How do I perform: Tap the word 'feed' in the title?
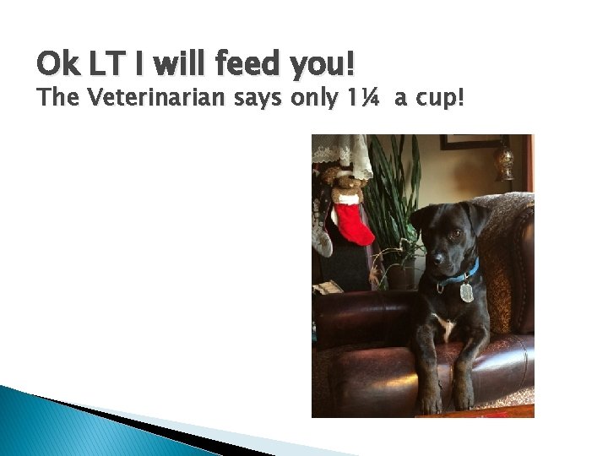click(238, 63)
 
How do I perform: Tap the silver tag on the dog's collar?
click(466, 292)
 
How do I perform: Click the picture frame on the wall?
click(470, 142)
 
